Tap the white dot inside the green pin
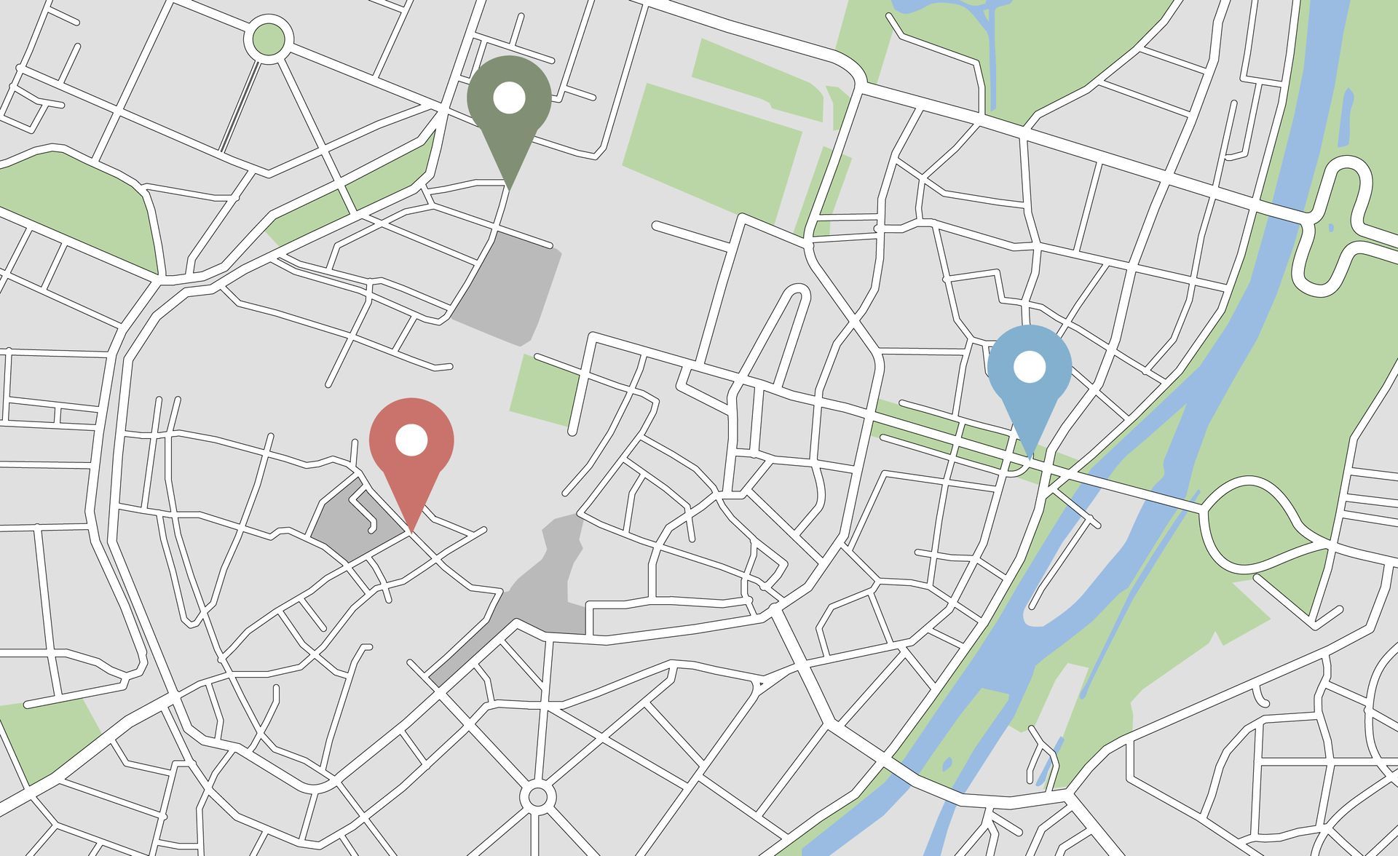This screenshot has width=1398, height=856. tap(509, 98)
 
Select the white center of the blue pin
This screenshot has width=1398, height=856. tap(1030, 367)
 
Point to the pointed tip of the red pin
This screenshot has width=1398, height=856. tap(412, 531)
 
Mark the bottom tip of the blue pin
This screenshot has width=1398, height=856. tap(1030, 456)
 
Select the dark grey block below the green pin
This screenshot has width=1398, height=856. tap(510, 288)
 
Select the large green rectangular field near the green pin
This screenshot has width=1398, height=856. tap(710, 149)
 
